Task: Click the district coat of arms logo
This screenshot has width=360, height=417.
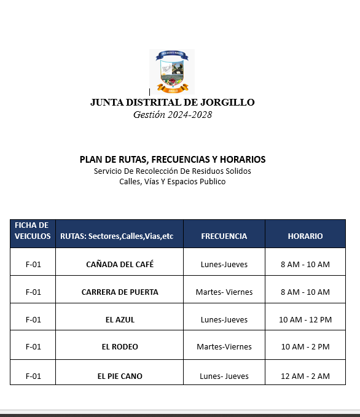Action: tap(172, 72)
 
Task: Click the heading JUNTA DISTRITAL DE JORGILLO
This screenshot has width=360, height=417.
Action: tap(172, 103)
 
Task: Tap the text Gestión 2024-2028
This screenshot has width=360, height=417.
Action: tap(172, 115)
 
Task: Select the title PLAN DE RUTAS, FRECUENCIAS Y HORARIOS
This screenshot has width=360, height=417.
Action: tap(173, 160)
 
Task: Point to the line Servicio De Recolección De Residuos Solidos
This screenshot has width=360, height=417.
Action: tap(173, 171)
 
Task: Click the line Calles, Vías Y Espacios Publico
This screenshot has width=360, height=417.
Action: tap(173, 182)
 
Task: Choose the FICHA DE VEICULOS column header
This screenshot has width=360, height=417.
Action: tap(33, 231)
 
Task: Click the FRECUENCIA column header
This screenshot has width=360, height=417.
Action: tap(224, 236)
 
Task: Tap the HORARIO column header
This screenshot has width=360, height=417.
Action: tap(305, 236)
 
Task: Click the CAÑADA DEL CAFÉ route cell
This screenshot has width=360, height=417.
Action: tap(120, 265)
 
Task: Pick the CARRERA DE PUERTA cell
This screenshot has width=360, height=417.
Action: tap(120, 292)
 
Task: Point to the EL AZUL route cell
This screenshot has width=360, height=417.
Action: tap(120, 319)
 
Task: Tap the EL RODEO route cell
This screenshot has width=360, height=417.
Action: tap(120, 346)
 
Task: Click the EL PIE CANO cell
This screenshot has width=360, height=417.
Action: tap(120, 376)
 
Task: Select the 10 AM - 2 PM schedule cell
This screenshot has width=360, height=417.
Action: tap(305, 346)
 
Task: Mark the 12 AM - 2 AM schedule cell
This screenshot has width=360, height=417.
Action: tap(305, 376)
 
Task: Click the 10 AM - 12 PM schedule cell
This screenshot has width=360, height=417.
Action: tap(305, 319)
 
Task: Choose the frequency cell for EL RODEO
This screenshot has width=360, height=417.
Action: tap(224, 346)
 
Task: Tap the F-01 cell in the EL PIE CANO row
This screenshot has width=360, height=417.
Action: tap(33, 376)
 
